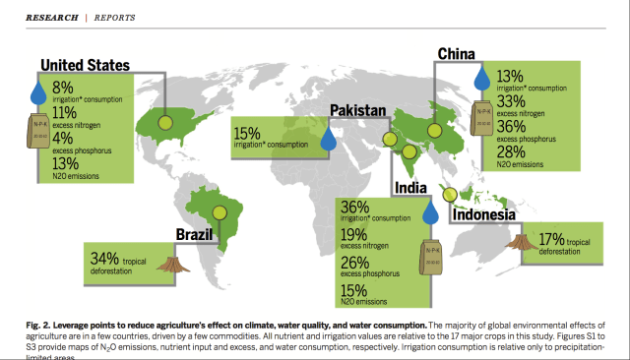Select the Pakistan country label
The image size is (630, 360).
click(x=371, y=111)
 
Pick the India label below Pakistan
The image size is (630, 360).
click(x=415, y=187)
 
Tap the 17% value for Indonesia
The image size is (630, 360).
click(x=551, y=238)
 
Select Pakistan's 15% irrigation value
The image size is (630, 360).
click(x=247, y=134)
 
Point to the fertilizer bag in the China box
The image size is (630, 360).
click(x=483, y=117)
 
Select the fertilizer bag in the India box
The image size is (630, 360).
click(x=429, y=257)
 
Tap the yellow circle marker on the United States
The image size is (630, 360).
click(x=164, y=125)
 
